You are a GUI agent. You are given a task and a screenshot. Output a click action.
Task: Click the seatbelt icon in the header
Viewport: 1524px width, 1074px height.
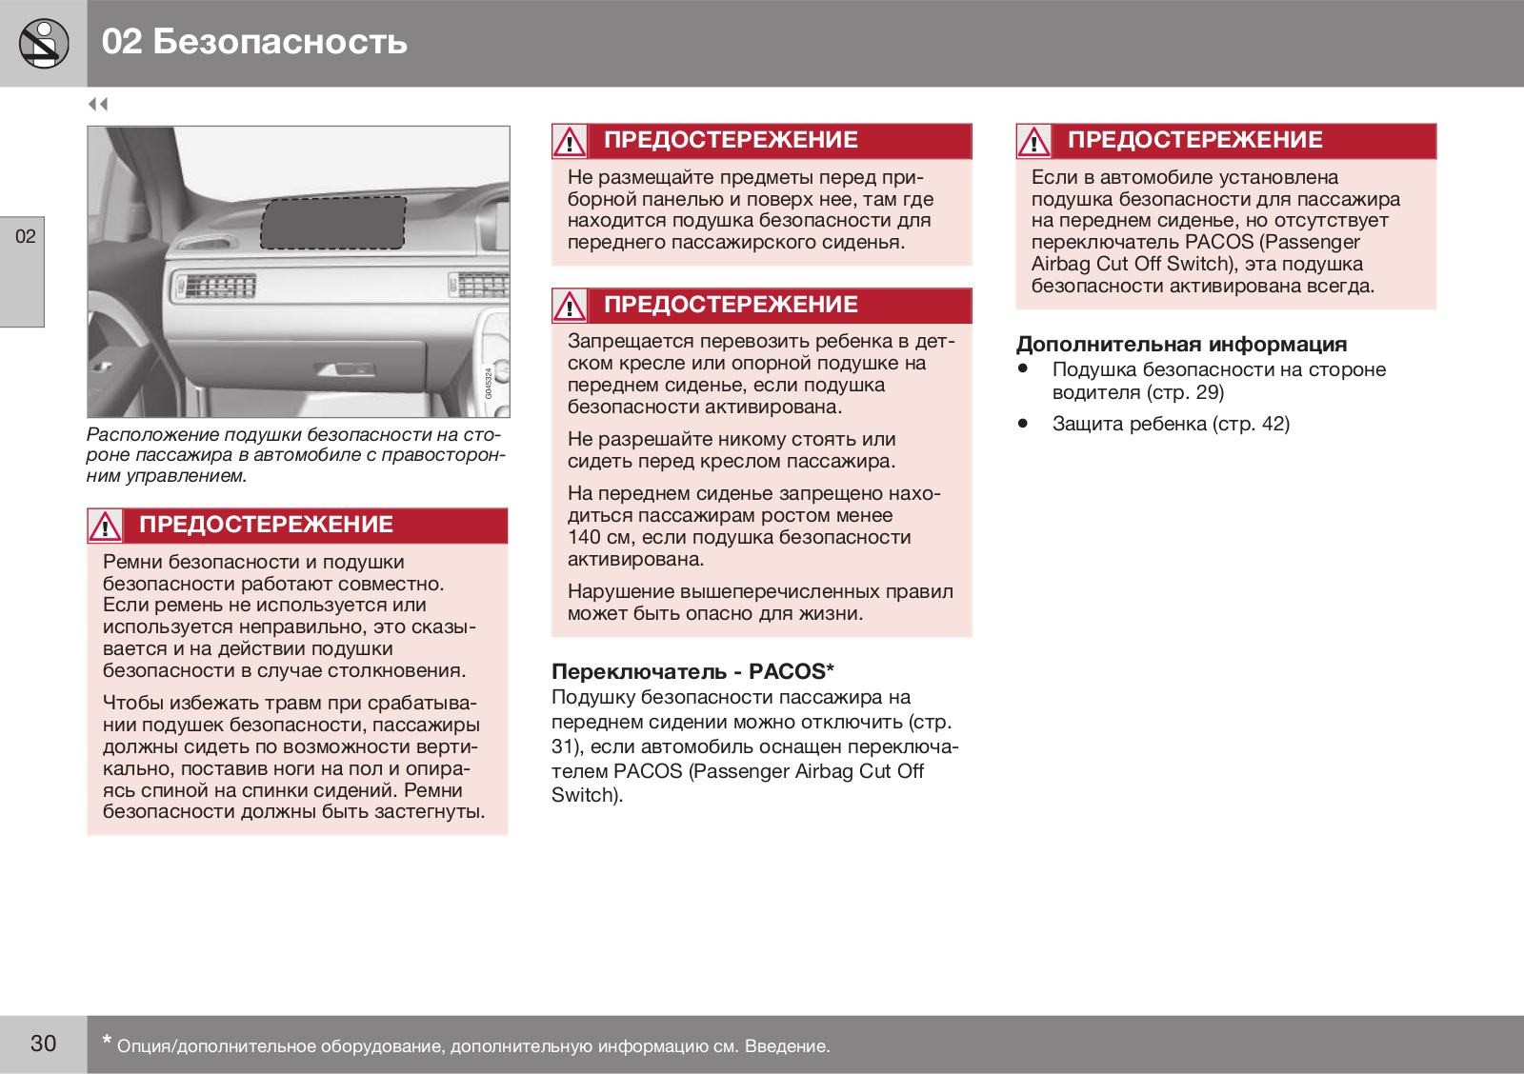43,44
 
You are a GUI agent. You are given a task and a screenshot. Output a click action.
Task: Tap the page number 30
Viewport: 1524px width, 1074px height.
43,1044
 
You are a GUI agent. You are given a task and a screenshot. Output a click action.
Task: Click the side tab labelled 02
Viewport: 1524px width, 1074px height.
25,237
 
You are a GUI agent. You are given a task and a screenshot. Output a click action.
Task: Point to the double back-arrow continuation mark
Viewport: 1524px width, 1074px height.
98,104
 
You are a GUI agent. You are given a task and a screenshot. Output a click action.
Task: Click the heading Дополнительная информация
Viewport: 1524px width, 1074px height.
1181,345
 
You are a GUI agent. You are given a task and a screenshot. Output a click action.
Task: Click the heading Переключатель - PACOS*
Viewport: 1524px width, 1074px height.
692,671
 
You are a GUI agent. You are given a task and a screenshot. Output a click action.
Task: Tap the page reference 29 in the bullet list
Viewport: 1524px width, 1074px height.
1208,392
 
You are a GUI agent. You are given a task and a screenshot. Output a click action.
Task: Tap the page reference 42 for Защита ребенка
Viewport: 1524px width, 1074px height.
1273,424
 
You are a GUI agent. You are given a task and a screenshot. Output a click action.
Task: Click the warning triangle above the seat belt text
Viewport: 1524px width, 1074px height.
105,526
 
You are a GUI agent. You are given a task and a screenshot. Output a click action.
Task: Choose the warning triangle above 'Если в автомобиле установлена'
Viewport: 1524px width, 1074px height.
1033,142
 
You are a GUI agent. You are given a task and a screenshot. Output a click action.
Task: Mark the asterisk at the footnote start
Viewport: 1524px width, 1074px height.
107,1041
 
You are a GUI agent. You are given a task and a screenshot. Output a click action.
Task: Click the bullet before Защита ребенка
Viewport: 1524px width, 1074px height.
1023,423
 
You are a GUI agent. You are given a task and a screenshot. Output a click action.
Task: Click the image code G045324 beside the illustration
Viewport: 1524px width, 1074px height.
489,384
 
